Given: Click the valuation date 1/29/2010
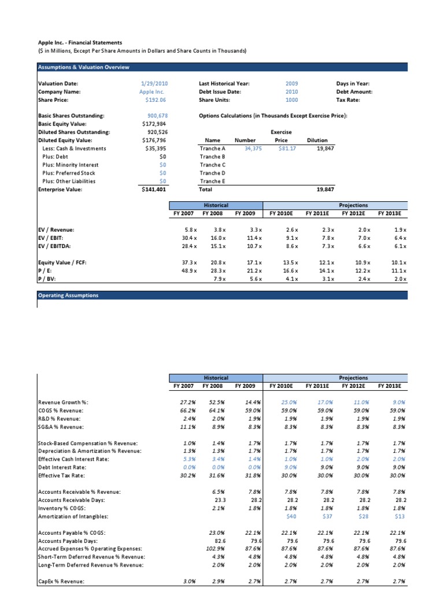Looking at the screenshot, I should click(x=153, y=84).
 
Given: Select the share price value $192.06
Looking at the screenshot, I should click(x=154, y=99).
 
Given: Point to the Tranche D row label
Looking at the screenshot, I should click(x=212, y=173).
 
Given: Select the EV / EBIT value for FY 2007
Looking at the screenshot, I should click(x=187, y=238).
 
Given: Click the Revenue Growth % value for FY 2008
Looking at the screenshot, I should click(x=216, y=402).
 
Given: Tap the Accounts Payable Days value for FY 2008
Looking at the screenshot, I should click(x=216, y=541).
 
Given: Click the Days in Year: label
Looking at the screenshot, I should click(x=353, y=84).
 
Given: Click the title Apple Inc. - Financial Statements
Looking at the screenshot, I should click(x=80, y=42).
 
